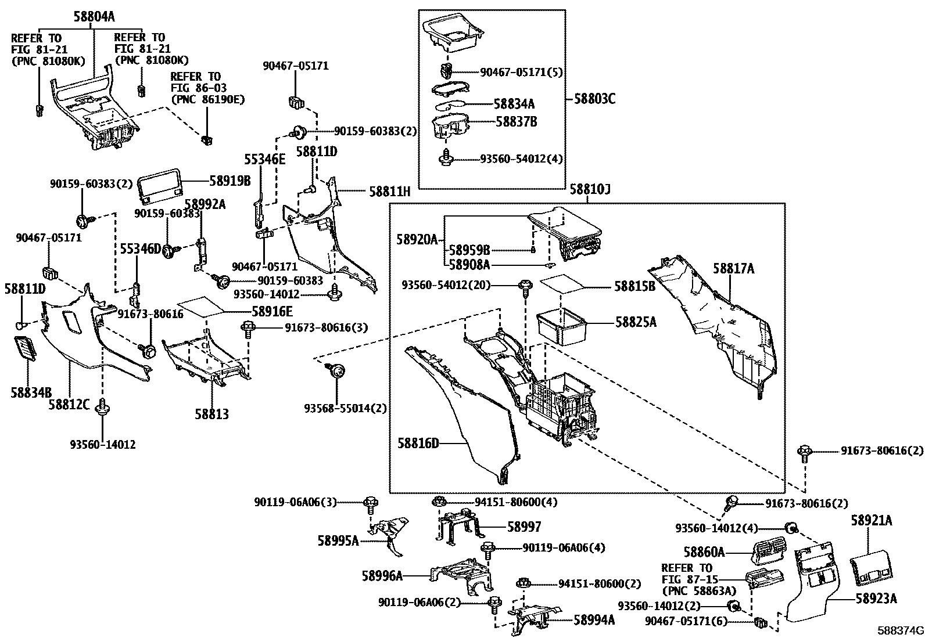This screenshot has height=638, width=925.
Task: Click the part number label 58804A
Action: pyautogui.click(x=94, y=17)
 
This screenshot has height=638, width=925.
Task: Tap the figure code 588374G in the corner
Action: pyautogui.click(x=900, y=630)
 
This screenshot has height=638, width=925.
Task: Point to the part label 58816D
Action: pyautogui.click(x=418, y=444)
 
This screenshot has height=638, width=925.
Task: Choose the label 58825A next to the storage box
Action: pyautogui.click(x=636, y=322)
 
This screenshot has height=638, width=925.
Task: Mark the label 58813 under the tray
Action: pyautogui.click(x=211, y=414)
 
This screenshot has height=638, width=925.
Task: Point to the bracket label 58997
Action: pyautogui.click(x=524, y=527)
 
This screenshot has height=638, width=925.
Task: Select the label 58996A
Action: pyautogui.click(x=382, y=576)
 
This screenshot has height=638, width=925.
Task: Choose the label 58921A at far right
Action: pyautogui.click(x=871, y=521)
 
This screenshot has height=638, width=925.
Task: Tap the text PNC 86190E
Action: pyautogui.click(x=207, y=99)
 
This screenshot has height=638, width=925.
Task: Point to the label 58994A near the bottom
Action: pyautogui.click(x=594, y=620)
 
